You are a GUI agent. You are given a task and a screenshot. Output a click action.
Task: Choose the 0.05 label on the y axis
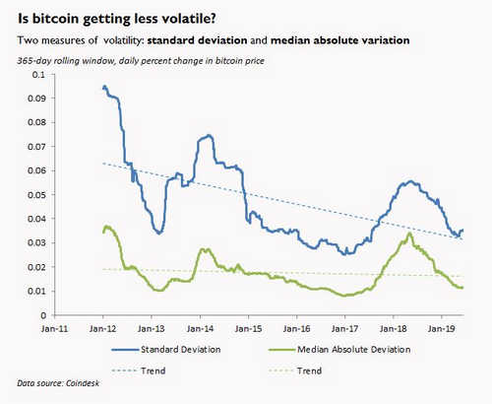(x=35, y=194)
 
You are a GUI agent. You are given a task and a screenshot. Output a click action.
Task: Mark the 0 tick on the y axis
(x=41, y=314)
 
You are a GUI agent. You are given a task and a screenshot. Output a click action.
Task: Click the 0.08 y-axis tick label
(x=35, y=122)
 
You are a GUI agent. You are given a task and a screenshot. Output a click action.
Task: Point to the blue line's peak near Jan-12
(x=105, y=87)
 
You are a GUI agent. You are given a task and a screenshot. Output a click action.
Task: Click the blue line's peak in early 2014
(x=207, y=135)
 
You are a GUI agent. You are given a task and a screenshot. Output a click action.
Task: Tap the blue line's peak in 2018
(x=408, y=181)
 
